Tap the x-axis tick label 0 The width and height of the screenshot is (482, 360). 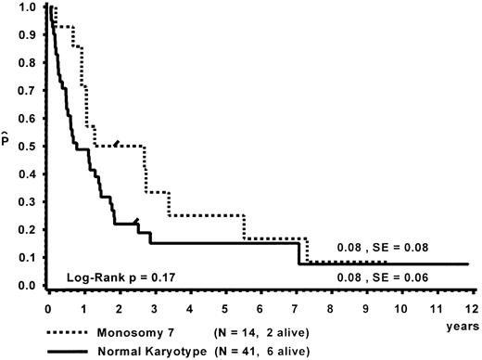click(48, 303)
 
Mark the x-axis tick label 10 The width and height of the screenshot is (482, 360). click(400, 303)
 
